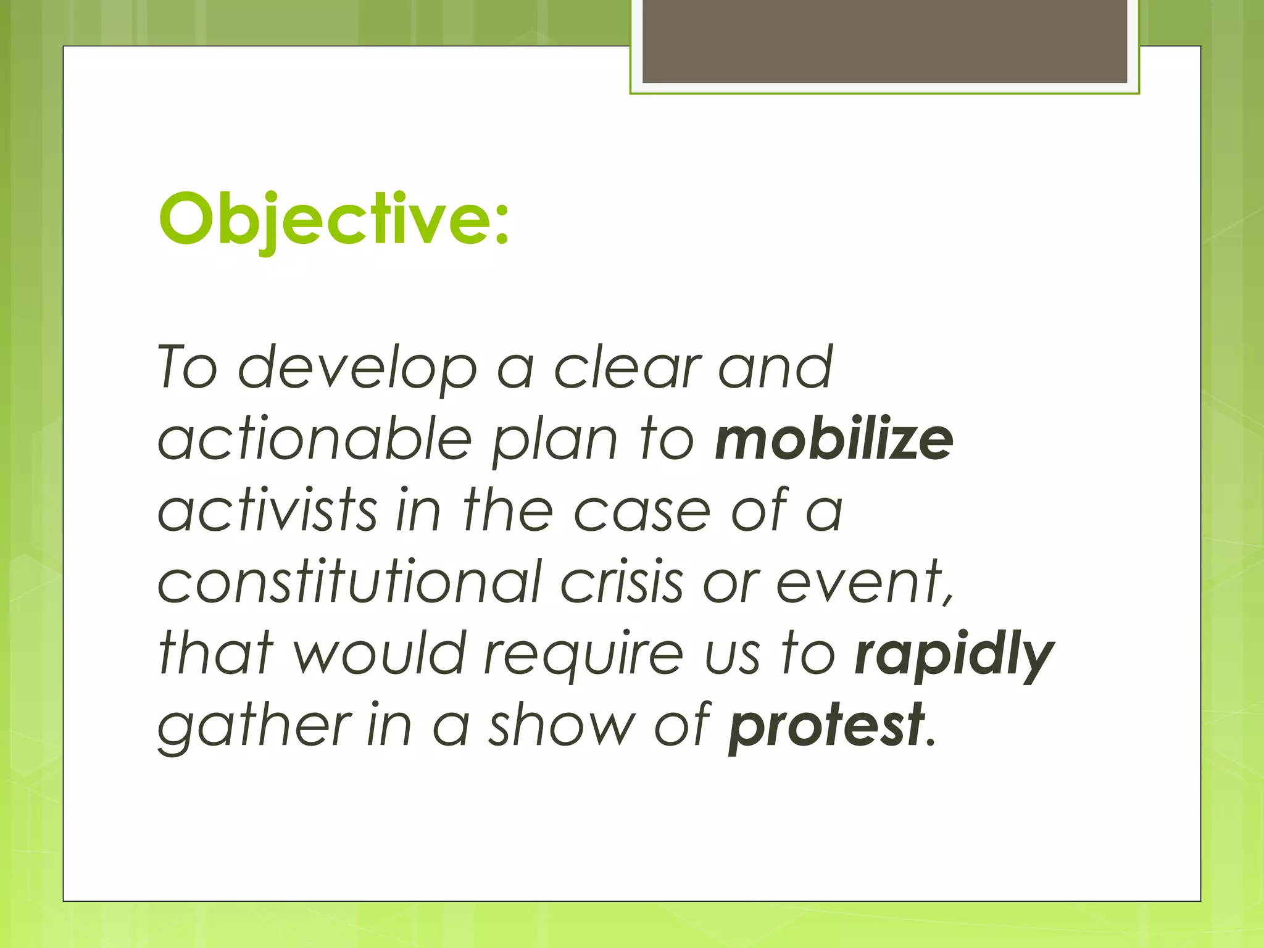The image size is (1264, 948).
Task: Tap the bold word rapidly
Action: pyautogui.click(x=954, y=654)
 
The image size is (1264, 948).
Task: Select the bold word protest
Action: pyautogui.click(x=826, y=726)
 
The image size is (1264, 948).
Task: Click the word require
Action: pyautogui.click(x=583, y=654)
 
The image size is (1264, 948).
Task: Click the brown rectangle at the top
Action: pyautogui.click(x=884, y=41)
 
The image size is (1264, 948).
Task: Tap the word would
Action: pyautogui.click(x=379, y=654)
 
